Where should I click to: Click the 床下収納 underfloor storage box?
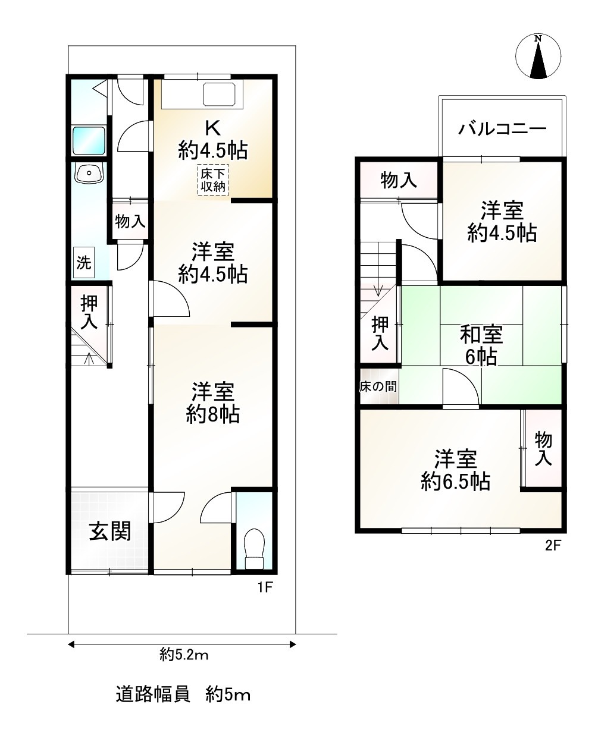point(212,180)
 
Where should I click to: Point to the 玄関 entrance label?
point(110,531)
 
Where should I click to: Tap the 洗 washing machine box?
point(84,262)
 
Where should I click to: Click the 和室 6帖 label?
point(481,345)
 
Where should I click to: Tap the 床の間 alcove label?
point(378,386)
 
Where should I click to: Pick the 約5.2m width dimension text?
point(184,655)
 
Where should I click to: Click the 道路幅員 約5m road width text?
point(183,694)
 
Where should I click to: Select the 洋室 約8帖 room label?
point(212,402)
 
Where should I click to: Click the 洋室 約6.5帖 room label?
point(455,470)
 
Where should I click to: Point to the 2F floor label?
point(553,546)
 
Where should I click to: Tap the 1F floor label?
point(264,588)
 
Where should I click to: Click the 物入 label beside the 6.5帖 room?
point(543,449)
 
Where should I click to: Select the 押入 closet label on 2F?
point(380,333)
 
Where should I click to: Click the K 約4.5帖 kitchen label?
point(212,139)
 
